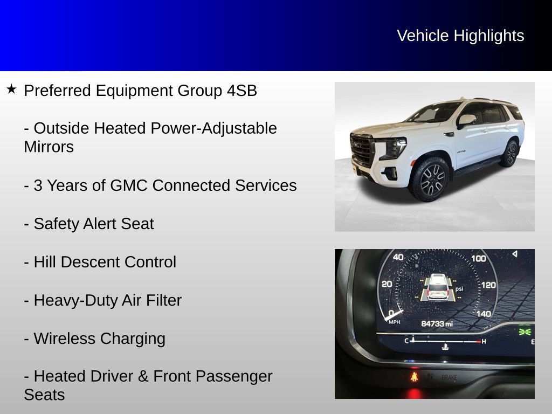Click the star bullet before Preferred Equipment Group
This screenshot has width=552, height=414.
tap(12, 89)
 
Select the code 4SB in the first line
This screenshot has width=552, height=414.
tap(241, 91)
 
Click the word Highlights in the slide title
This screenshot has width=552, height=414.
tap(488, 36)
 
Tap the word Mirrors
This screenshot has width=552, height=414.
tap(49, 147)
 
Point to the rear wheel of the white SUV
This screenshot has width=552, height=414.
tap(509, 154)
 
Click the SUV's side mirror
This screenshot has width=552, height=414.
tap(466, 120)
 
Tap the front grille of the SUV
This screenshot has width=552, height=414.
tap(362, 149)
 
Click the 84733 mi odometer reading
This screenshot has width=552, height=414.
tap(437, 323)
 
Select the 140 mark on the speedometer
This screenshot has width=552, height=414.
tap(484, 314)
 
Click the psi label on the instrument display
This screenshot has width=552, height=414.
tap(459, 289)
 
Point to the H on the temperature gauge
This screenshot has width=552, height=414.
tap(484, 341)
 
